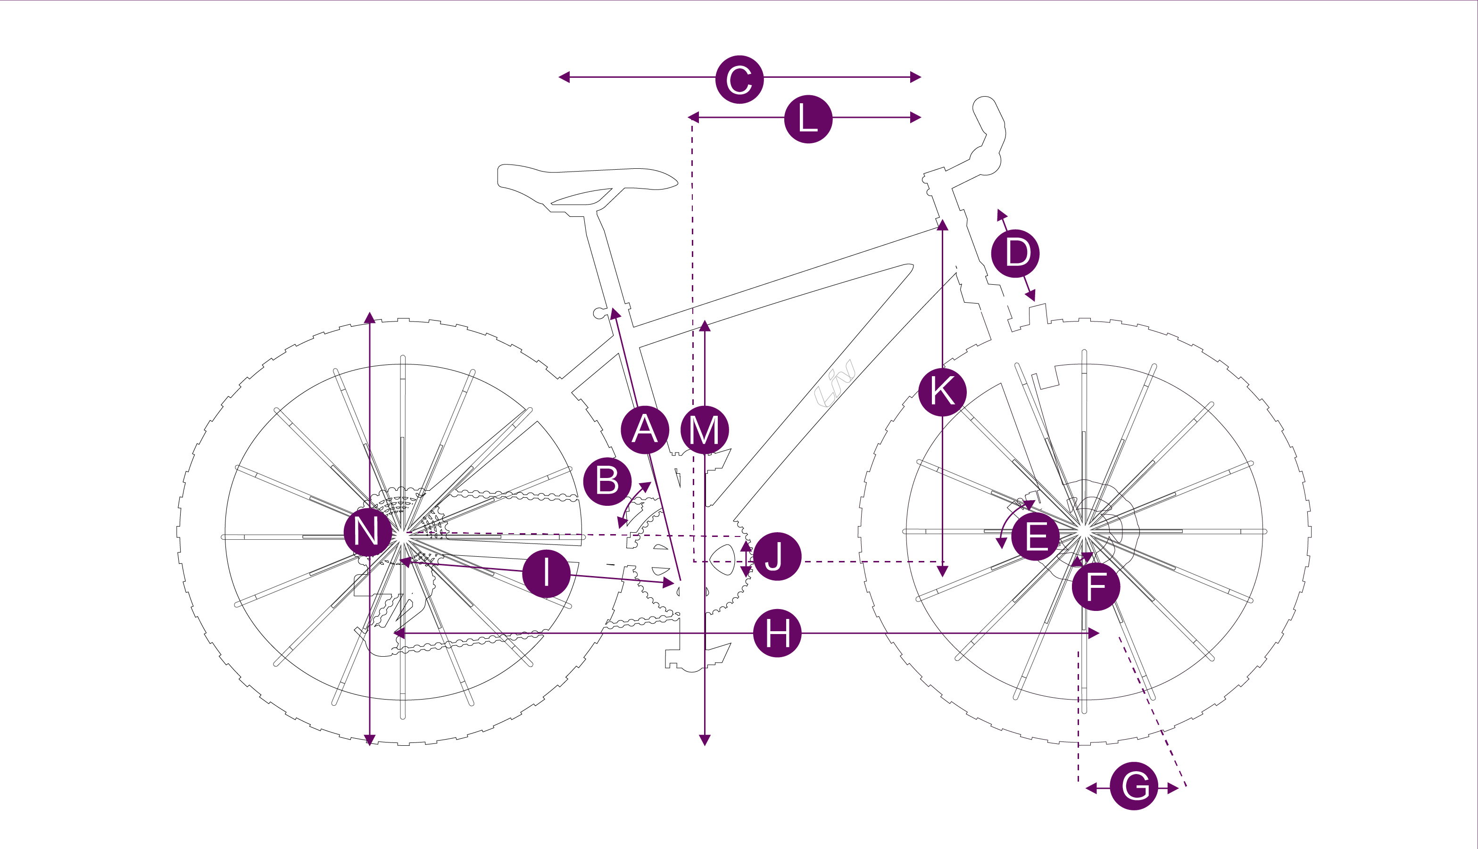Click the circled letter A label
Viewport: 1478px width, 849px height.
click(x=645, y=430)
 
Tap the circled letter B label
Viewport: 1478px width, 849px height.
click(x=607, y=482)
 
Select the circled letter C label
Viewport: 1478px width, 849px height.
click(x=739, y=79)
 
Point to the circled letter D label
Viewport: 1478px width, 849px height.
click(x=1015, y=253)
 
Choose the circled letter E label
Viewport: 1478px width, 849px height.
click(x=1035, y=536)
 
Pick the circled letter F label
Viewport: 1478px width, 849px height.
click(x=1096, y=586)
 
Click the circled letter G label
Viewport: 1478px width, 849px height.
click(x=1133, y=786)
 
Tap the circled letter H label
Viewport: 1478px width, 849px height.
click(x=777, y=633)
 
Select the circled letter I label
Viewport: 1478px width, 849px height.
click(x=546, y=573)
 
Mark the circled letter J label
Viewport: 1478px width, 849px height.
click(x=776, y=556)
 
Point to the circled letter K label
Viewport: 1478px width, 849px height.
click(x=942, y=392)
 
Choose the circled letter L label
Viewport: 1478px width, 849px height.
click(x=808, y=119)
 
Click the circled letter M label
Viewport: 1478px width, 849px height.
click(x=704, y=430)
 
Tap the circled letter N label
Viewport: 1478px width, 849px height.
click(x=367, y=532)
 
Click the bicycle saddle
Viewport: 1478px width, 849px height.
click(x=583, y=181)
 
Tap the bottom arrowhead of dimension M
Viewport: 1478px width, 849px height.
click(x=705, y=741)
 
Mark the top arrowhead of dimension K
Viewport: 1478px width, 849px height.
click(x=943, y=225)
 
